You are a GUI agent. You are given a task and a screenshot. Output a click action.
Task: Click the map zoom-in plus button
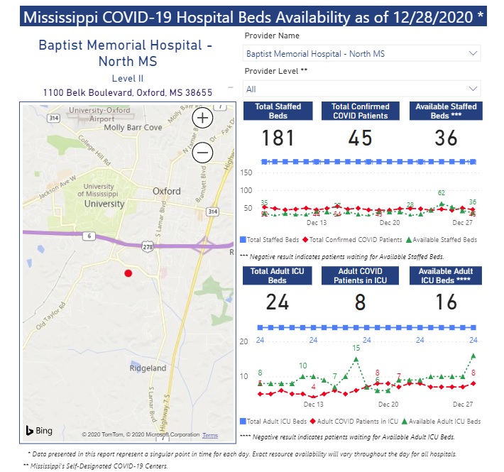(x=203, y=119)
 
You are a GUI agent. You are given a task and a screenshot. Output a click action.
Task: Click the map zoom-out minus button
(x=203, y=152)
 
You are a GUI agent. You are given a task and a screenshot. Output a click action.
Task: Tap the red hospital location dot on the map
(x=128, y=273)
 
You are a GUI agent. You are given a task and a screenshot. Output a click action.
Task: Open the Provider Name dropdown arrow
(x=473, y=53)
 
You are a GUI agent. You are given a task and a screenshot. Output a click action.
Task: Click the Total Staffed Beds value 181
(x=278, y=138)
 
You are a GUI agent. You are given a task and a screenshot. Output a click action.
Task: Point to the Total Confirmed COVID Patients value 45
(x=361, y=138)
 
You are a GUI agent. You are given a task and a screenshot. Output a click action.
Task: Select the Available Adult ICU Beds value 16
(x=446, y=302)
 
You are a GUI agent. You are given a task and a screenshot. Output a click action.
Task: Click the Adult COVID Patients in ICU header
(x=361, y=275)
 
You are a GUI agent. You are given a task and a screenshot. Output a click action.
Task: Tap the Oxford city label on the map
(x=167, y=191)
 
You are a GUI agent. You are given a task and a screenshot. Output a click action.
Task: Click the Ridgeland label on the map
(x=148, y=368)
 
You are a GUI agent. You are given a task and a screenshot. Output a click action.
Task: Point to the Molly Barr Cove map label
(x=133, y=128)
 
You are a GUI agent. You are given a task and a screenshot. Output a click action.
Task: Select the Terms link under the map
(x=210, y=435)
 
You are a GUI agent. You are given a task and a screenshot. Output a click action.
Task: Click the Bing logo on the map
(x=40, y=431)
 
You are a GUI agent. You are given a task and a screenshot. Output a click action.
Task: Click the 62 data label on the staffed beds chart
(x=441, y=193)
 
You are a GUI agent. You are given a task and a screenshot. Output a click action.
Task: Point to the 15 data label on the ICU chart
(x=356, y=348)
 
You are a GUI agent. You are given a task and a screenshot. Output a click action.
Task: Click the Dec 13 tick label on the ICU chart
(x=314, y=404)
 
